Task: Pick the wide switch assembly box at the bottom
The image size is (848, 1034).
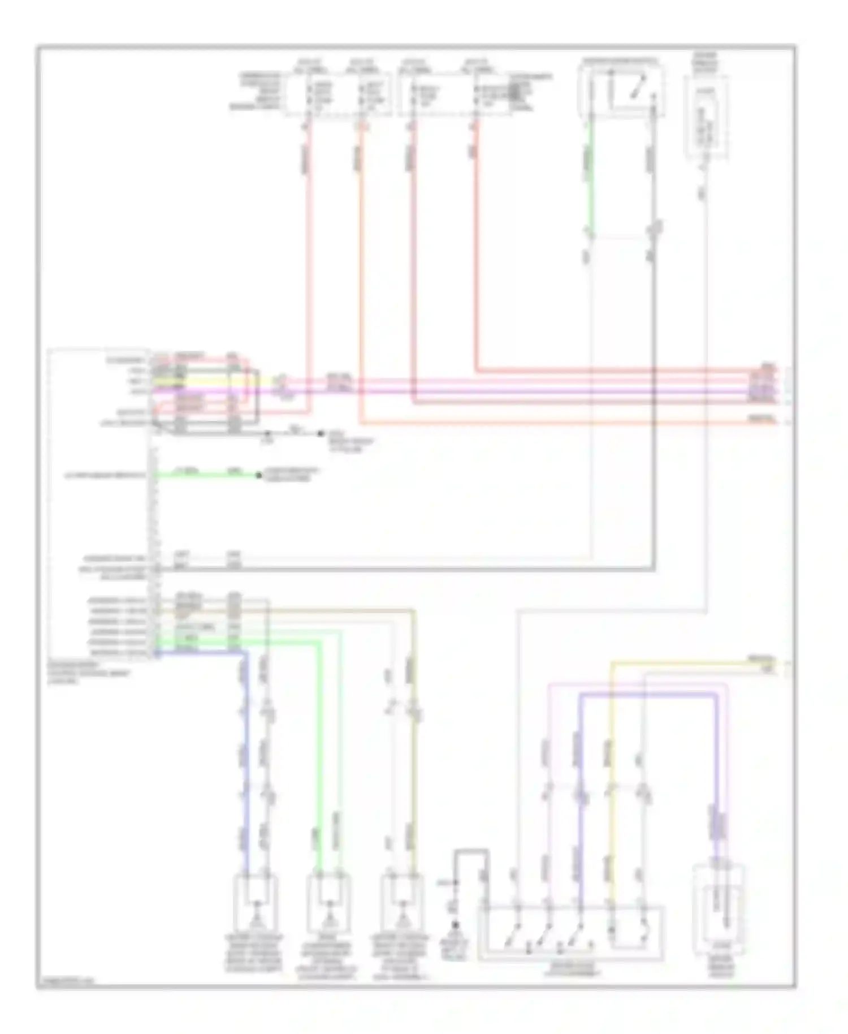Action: pyautogui.click(x=571, y=933)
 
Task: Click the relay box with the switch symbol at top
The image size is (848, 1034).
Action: pyautogui.click(x=621, y=91)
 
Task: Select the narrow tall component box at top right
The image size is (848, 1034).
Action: pyautogui.click(x=706, y=116)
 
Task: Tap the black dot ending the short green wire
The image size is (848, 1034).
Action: pyautogui.click(x=259, y=475)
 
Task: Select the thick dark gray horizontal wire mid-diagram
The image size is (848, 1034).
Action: pyautogui.click(x=396, y=567)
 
